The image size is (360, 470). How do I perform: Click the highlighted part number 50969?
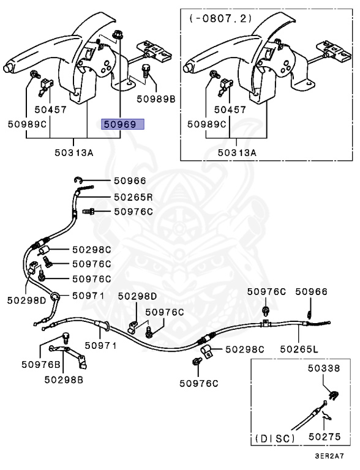pos(120,124)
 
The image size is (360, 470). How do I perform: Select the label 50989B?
pos(156,99)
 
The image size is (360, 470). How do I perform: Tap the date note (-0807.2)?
pos(220,18)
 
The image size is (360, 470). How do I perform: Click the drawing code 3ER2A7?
pos(329,456)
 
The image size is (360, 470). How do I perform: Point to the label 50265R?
pos(133,197)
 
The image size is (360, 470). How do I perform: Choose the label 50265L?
pos(299,349)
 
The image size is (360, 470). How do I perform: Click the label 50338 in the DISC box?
pos(324,368)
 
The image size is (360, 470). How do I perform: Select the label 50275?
pos(324,437)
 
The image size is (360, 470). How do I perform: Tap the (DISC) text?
pos(275,439)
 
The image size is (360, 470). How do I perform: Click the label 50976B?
pos(41,365)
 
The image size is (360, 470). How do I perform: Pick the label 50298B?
pos(64,380)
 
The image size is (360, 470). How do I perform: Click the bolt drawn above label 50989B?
pos(145,71)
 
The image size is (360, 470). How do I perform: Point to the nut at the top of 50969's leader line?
pos(118,35)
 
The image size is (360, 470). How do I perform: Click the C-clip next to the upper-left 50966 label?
pos(78,180)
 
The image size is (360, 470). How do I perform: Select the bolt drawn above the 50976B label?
pos(66,337)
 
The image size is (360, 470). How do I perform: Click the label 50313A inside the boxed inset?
pos(237,152)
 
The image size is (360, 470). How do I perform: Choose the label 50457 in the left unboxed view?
pos(50,110)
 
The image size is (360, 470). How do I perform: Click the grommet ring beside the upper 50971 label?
pos(55,296)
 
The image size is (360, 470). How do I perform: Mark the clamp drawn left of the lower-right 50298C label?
pos(207,351)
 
